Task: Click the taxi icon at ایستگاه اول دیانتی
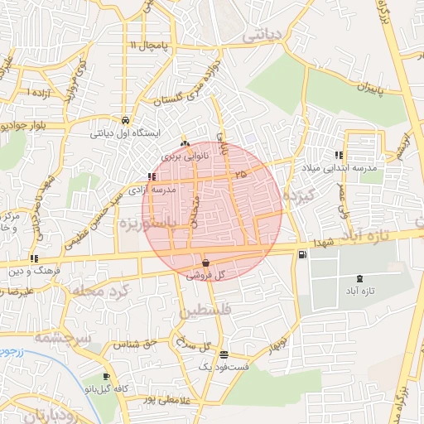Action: coord(125,118)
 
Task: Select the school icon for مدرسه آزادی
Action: coord(150,176)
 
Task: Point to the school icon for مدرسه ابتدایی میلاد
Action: coord(339,155)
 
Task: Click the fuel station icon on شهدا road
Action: coord(301,253)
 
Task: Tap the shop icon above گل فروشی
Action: coord(205,263)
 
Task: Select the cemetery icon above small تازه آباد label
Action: coord(358,279)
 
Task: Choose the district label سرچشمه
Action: coord(59,336)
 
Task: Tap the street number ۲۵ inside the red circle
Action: coord(240,174)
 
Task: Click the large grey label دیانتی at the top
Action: coord(266,36)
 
